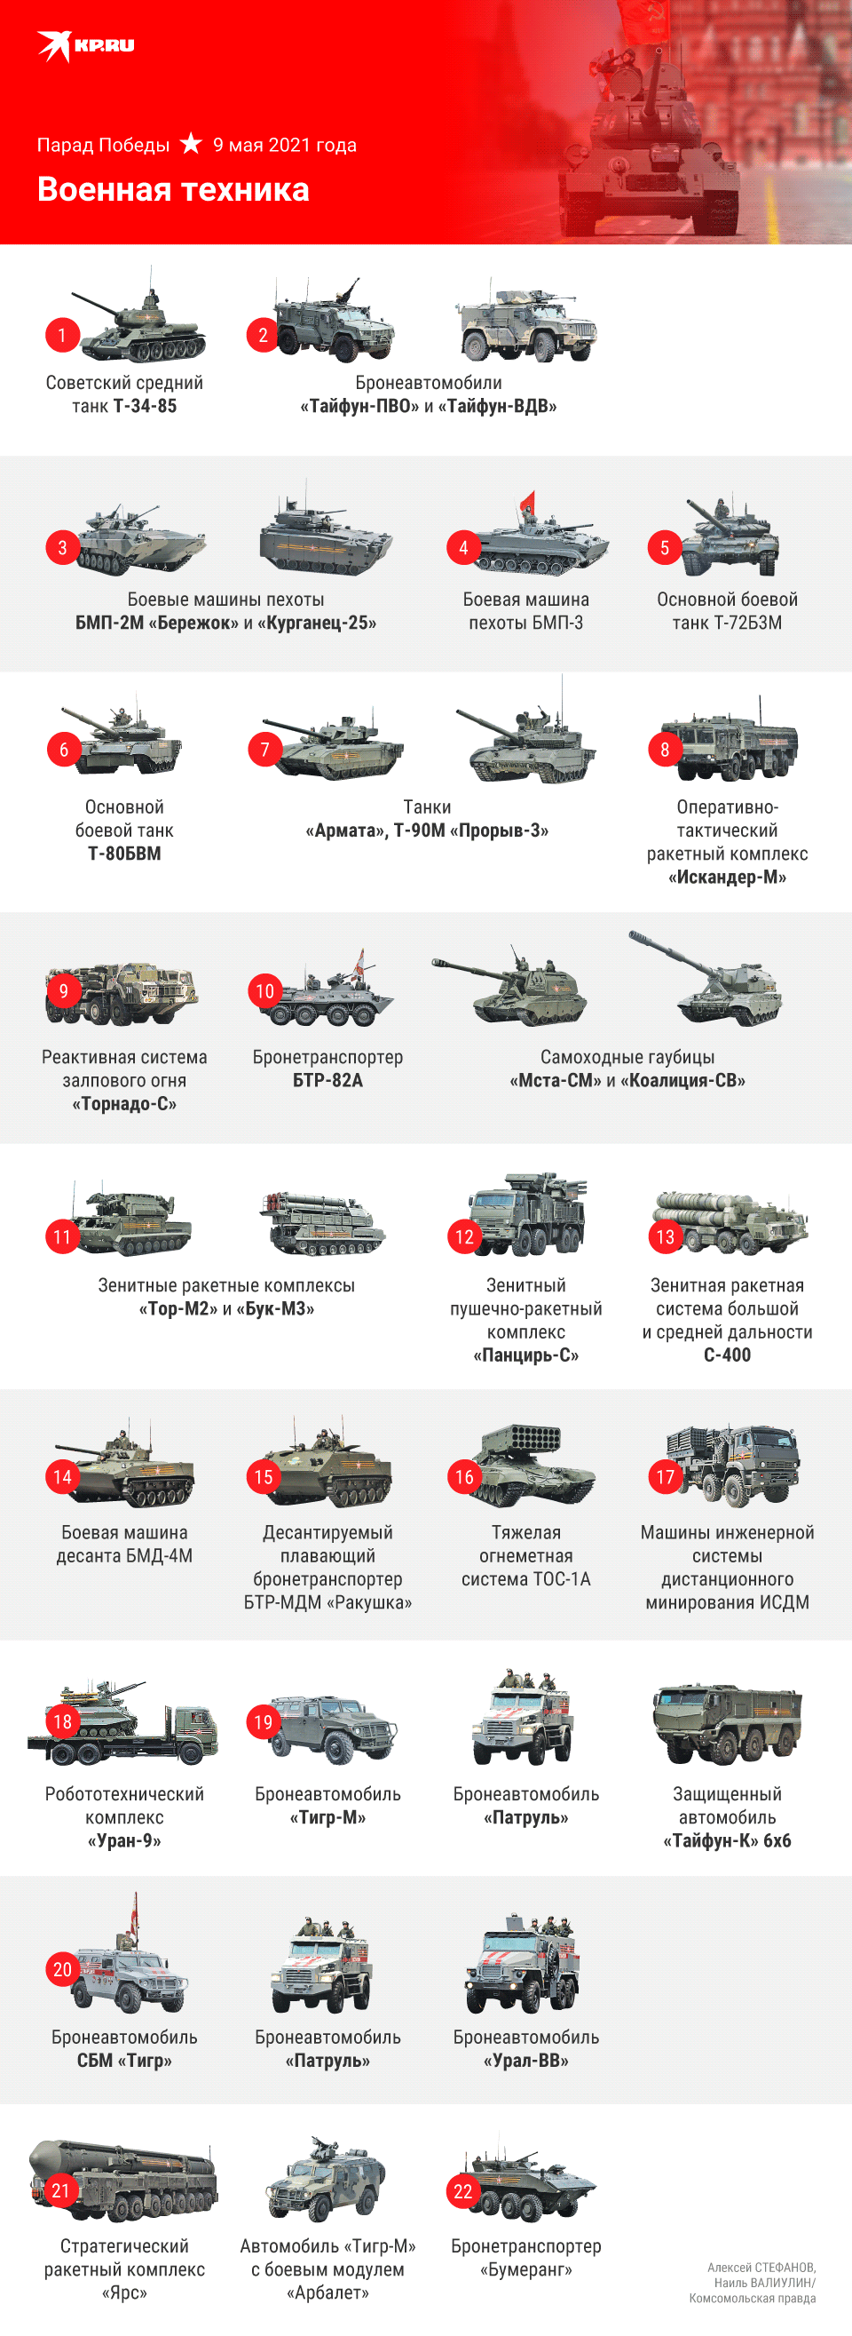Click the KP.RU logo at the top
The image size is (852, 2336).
tap(85, 45)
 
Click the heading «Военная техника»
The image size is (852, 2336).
tap(173, 189)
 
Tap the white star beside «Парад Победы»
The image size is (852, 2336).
tap(190, 143)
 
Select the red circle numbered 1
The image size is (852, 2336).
tap(62, 335)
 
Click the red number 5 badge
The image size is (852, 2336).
tap(665, 548)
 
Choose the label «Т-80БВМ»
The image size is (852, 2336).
tap(124, 854)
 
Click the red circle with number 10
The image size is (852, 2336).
tap(264, 991)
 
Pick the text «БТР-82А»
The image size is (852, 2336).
tap(327, 1080)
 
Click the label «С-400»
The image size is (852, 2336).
tap(727, 1355)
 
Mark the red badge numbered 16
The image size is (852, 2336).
tap(464, 1477)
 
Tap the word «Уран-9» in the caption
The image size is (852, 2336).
tap(124, 1841)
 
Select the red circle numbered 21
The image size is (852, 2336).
tap(60, 2191)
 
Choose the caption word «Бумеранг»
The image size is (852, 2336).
tap(525, 2269)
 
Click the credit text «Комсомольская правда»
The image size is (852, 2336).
tap(753, 2298)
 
